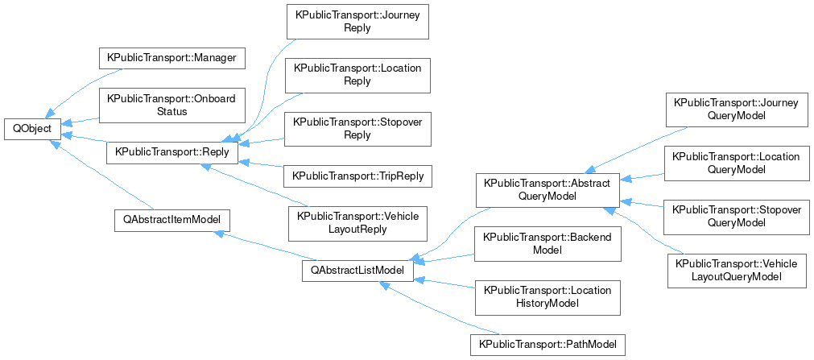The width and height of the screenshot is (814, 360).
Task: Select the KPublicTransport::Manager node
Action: click(x=171, y=59)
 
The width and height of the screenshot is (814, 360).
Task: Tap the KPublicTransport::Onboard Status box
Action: click(x=171, y=105)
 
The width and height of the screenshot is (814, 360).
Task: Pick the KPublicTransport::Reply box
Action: click(x=171, y=151)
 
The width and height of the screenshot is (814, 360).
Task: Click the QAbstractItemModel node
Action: click(x=171, y=220)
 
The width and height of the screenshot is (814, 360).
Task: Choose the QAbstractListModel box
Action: click(x=357, y=271)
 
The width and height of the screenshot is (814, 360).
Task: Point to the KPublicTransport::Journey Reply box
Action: click(x=357, y=22)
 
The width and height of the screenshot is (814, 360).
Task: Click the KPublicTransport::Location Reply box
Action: click(x=357, y=75)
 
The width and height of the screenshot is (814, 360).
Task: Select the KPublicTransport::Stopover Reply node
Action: click(x=357, y=129)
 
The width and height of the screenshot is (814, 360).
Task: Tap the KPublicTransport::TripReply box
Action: click(x=357, y=176)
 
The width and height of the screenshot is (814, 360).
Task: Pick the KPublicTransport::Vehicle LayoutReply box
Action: click(x=357, y=222)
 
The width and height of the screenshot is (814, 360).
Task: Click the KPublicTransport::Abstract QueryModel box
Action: click(x=547, y=189)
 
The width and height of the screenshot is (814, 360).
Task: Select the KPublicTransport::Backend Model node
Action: click(x=547, y=243)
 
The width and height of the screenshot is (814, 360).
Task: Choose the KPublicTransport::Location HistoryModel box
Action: click(x=547, y=297)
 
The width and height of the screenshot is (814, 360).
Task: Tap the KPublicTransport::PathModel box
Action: click(x=547, y=344)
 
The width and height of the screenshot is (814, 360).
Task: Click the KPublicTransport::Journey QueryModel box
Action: click(x=736, y=109)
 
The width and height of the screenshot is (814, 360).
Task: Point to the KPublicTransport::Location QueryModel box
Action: click(x=736, y=163)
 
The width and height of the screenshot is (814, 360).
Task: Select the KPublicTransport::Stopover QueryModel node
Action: click(x=736, y=216)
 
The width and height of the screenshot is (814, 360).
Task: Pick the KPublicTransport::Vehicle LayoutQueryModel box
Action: click(x=736, y=270)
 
